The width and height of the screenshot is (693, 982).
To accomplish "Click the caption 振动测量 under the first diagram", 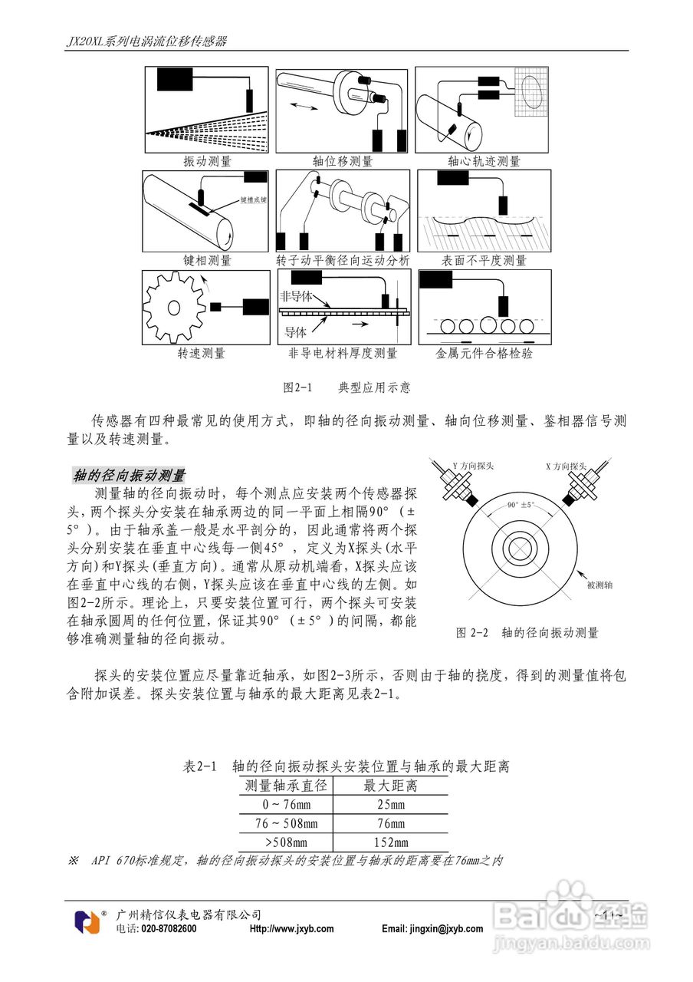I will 207,162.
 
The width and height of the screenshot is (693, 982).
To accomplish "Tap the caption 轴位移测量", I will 342,162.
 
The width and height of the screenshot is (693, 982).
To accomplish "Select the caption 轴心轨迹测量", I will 484,162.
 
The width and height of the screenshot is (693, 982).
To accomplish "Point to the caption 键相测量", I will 207,260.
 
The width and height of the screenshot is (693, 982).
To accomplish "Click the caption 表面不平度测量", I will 484,260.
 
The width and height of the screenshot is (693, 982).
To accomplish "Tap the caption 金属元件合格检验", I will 484,354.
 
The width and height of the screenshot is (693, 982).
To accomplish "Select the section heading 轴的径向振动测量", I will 129,476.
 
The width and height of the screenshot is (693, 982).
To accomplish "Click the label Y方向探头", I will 473,466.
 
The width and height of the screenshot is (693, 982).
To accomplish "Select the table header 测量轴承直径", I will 286,786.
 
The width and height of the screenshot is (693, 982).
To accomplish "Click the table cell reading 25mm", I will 391,805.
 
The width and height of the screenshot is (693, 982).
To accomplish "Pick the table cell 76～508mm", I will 286,824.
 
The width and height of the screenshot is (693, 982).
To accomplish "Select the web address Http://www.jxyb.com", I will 292,928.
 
